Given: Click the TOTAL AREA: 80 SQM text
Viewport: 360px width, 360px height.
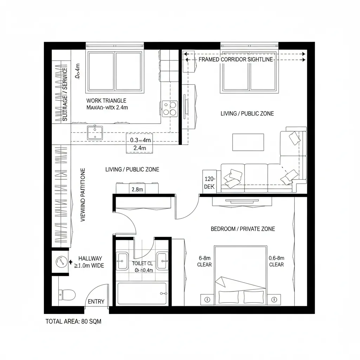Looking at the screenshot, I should [x=73, y=321].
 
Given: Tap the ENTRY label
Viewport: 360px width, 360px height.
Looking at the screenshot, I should [x=96, y=302].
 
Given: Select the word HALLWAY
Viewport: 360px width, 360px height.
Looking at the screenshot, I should [x=90, y=258].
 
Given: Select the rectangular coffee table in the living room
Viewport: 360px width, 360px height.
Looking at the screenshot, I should [x=248, y=142].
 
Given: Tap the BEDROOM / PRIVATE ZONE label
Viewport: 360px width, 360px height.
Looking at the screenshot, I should [x=243, y=229].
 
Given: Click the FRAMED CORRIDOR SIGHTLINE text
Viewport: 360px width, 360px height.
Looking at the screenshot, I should [x=236, y=59].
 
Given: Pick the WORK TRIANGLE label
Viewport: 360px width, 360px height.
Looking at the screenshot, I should [x=106, y=101].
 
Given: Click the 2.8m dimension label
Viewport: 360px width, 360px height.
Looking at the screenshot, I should [x=137, y=190].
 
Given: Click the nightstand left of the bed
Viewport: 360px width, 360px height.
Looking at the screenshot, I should [x=207, y=300].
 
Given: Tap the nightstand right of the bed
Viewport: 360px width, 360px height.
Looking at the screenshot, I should [x=274, y=300].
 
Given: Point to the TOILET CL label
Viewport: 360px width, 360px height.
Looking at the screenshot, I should [x=142, y=263].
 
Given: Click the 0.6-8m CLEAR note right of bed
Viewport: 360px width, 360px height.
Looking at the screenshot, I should [x=276, y=261].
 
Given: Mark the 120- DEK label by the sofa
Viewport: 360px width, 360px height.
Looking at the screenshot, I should [x=209, y=183].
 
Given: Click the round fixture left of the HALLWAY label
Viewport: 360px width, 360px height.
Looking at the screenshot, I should [x=61, y=262].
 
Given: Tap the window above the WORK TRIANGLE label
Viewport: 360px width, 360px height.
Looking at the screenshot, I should [x=116, y=71].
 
